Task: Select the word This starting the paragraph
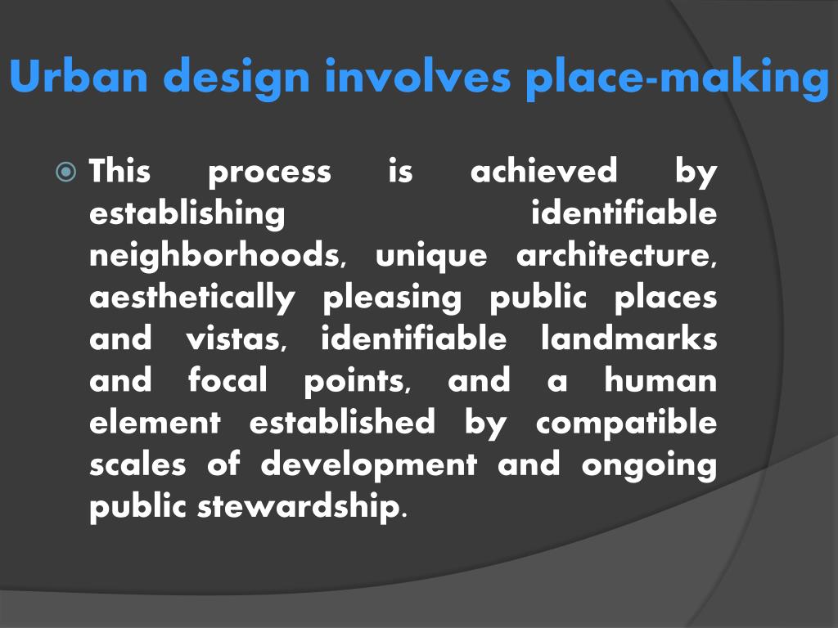119,172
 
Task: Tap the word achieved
544,172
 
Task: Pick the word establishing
187,214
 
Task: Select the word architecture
616,256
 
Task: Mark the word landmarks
629,339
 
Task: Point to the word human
660,381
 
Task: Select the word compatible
627,424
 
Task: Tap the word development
369,465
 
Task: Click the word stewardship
299,507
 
